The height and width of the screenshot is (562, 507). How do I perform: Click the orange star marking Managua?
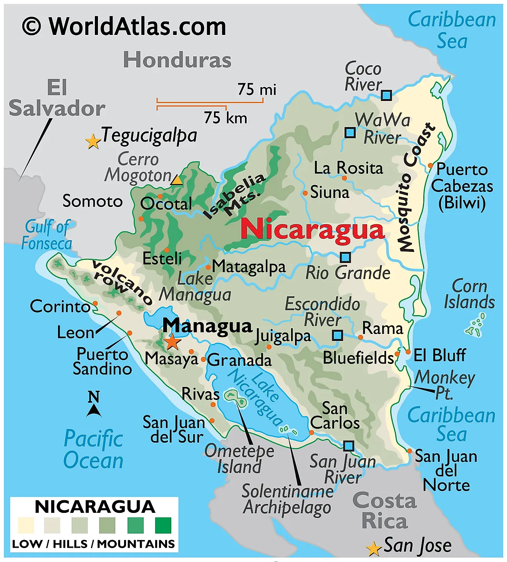(x=172, y=341)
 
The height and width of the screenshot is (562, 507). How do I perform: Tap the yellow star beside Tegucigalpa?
(x=93, y=142)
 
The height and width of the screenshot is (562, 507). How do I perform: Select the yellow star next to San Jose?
(x=373, y=549)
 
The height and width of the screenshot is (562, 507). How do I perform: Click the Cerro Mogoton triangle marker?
(x=177, y=180)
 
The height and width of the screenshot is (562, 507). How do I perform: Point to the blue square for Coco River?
(x=386, y=95)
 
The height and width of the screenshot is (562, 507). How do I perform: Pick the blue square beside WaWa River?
(x=350, y=132)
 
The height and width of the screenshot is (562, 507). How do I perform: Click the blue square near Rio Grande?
(x=345, y=257)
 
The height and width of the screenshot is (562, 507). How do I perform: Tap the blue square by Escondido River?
(x=338, y=335)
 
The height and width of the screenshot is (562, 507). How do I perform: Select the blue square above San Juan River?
(x=348, y=446)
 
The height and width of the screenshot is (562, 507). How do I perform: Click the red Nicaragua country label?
(x=312, y=230)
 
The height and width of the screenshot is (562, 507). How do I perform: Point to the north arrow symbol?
(x=94, y=404)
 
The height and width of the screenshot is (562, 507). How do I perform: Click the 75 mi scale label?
(x=257, y=89)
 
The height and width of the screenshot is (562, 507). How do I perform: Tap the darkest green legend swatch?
(x=163, y=525)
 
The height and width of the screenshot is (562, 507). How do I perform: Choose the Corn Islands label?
(x=469, y=294)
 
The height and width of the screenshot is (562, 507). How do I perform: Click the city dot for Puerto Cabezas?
(x=430, y=165)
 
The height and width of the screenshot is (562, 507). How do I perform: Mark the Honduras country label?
(x=177, y=60)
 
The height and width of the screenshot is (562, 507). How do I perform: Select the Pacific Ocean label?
(x=93, y=450)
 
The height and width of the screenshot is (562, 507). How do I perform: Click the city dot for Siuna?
(x=305, y=193)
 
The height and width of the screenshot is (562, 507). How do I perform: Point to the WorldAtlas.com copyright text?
(x=124, y=26)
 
